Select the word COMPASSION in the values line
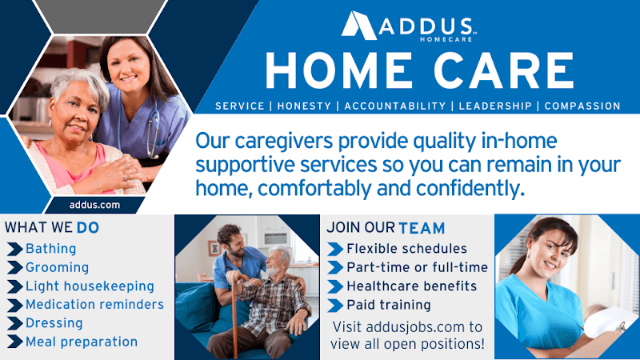click(582, 106)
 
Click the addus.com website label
click(90, 205)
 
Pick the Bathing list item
click(50, 249)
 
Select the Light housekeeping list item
click(90, 286)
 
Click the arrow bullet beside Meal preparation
click(14, 342)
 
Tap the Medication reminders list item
click(94, 305)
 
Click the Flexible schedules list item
click(406, 249)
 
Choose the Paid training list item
click(389, 305)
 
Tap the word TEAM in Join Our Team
click(422, 228)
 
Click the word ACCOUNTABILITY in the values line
click(394, 106)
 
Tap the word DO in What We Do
click(88, 228)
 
